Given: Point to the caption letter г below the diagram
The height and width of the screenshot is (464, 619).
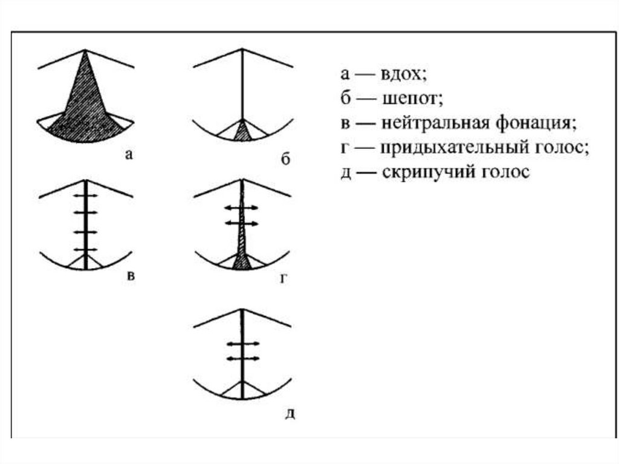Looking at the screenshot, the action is [x=283, y=279].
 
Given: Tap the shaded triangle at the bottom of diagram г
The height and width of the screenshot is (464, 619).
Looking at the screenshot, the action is [x=242, y=261].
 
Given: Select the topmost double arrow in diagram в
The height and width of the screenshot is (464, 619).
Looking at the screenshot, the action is [x=86, y=197].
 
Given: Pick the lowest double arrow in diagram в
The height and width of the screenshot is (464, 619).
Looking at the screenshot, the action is [x=86, y=249].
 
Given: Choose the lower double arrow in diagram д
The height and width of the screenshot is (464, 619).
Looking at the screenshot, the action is [x=242, y=358].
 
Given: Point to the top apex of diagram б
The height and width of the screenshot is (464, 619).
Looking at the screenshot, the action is [x=242, y=50].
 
